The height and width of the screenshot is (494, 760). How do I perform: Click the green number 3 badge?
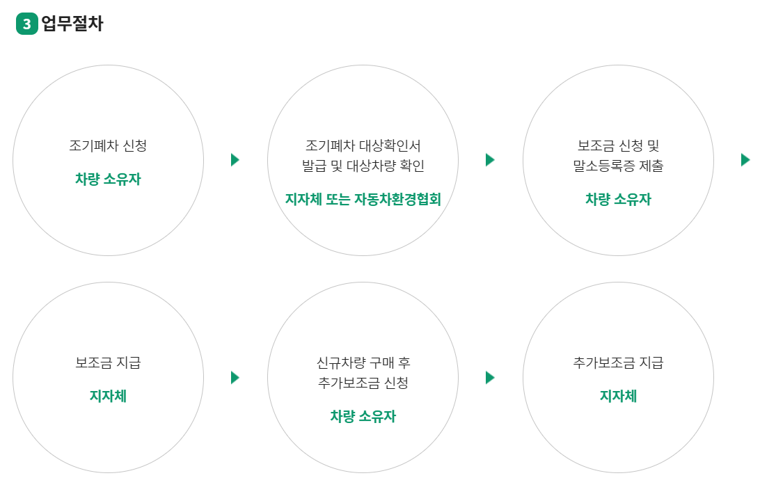click(x=26, y=24)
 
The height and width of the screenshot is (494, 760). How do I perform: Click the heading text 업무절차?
click(x=72, y=24)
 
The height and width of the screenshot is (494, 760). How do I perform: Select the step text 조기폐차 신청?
click(x=108, y=146)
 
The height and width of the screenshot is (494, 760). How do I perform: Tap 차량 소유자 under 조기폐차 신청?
click(x=108, y=180)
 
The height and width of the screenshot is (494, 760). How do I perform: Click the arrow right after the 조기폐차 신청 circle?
click(x=235, y=160)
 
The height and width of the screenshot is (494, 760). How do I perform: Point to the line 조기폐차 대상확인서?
click(x=363, y=146)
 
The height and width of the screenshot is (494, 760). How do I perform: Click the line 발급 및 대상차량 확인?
click(x=363, y=166)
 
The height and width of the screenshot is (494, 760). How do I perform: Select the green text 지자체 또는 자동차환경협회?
click(x=363, y=200)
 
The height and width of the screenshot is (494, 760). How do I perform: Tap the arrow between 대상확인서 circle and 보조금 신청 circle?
click(x=490, y=160)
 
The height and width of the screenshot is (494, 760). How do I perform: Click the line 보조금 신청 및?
click(x=618, y=146)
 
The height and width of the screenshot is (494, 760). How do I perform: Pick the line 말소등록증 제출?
click(x=618, y=166)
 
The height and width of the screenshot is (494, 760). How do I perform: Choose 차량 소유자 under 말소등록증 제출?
click(x=618, y=200)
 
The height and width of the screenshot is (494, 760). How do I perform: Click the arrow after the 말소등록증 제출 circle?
click(x=745, y=160)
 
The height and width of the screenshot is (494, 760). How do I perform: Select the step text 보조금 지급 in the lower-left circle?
click(x=108, y=363)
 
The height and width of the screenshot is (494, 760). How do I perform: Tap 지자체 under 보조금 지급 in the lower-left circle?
click(x=108, y=397)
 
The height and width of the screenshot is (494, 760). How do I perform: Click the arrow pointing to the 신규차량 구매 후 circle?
click(x=235, y=378)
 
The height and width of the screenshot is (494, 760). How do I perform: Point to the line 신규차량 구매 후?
click(x=363, y=363)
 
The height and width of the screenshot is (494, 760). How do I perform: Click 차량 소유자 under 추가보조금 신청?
click(x=363, y=417)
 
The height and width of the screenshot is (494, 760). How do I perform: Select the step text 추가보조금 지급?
click(x=618, y=363)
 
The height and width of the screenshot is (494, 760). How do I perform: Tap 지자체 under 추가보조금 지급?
click(x=618, y=397)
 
